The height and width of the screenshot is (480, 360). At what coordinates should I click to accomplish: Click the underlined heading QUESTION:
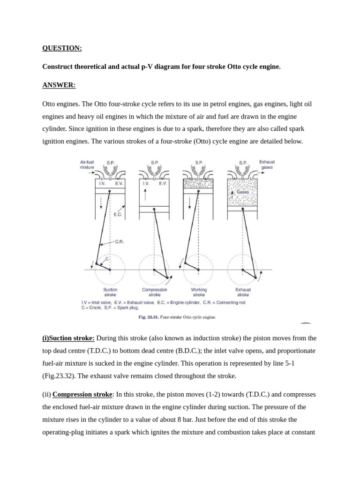click(x=62, y=48)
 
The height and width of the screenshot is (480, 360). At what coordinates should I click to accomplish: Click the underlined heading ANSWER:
click(x=59, y=85)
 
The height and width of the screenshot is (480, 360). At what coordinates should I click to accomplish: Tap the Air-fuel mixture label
click(x=87, y=165)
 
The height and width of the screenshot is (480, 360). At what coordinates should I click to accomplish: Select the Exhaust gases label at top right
click(x=267, y=165)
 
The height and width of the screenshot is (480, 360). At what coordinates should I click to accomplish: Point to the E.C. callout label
click(x=118, y=214)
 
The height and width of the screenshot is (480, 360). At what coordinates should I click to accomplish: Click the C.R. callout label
click(x=119, y=242)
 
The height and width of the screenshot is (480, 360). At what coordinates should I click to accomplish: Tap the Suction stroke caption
click(x=110, y=292)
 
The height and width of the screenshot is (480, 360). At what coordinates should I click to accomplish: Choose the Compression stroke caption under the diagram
click(x=154, y=292)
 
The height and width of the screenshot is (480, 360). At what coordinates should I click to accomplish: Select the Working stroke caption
click(x=199, y=292)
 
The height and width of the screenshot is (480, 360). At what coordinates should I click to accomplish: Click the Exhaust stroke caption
click(x=243, y=292)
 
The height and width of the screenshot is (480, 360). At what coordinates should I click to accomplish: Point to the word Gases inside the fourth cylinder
click(x=242, y=192)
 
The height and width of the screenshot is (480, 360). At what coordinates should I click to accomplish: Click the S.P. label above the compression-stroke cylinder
click(x=155, y=163)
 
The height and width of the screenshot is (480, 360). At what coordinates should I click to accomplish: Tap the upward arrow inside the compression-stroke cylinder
click(x=145, y=195)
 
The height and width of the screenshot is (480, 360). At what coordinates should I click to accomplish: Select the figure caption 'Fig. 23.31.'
click(x=148, y=317)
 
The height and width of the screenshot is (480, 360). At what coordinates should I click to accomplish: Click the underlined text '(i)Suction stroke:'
click(x=68, y=338)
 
